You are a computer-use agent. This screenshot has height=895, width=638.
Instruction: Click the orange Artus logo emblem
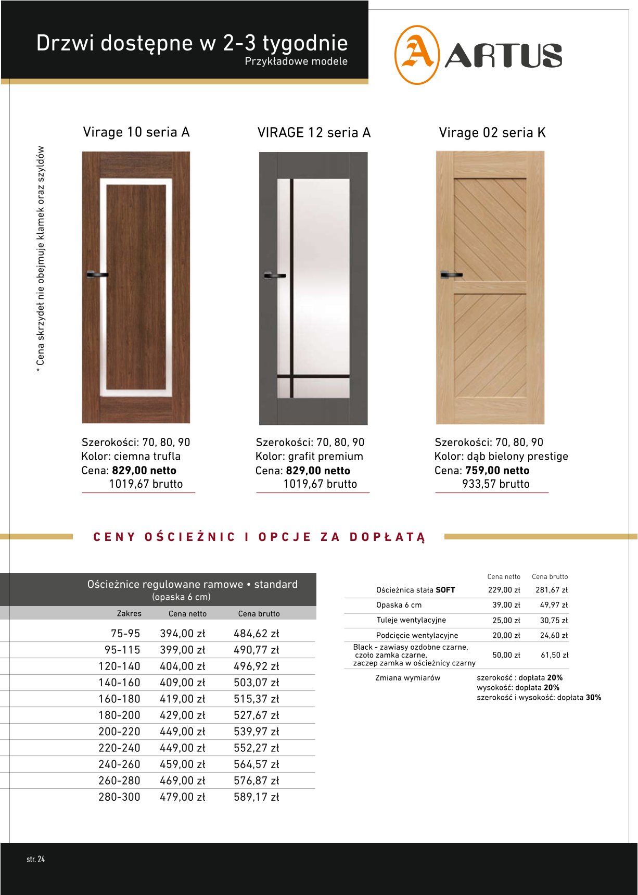point(416,55)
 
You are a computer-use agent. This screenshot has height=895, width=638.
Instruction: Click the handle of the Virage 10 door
point(96,274)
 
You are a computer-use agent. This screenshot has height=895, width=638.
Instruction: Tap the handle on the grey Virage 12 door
point(274,275)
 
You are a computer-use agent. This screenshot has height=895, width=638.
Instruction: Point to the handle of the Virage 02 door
point(451,274)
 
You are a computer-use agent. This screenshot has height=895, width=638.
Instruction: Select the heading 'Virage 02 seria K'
point(492,133)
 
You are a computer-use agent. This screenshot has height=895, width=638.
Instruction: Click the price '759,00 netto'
point(497,471)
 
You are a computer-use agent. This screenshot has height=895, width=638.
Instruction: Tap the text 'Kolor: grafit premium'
point(309,457)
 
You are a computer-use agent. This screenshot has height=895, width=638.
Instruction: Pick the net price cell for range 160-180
point(182,699)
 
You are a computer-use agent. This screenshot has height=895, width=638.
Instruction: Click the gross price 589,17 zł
point(256,797)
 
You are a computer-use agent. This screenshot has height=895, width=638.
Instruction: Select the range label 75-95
point(125,634)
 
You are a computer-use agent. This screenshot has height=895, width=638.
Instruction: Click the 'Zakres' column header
point(129,613)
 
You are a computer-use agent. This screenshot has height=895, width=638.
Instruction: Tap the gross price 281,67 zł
point(552,590)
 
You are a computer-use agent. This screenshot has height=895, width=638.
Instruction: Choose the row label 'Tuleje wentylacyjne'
point(411,620)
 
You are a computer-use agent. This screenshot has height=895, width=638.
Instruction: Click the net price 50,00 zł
point(506,655)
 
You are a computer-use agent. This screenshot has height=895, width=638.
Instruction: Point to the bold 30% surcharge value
point(593,698)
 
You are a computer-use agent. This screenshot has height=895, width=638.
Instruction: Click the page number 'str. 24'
point(36,859)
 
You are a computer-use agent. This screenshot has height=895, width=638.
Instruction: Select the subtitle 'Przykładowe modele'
point(296,61)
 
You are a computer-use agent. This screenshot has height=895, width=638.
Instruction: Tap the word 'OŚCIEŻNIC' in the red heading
point(190,537)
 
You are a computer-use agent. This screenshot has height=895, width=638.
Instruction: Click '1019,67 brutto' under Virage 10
point(146,484)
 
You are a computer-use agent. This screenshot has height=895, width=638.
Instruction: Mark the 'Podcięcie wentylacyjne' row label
point(417,635)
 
